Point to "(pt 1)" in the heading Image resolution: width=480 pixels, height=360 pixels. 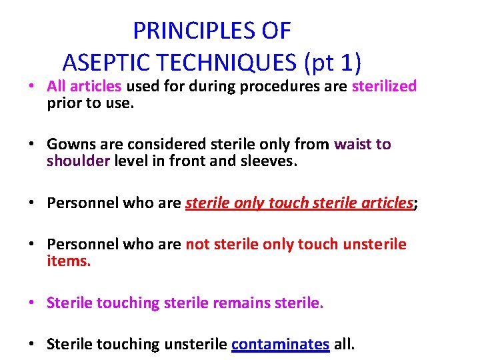[x=333, y=62]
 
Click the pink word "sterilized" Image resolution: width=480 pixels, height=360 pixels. [x=384, y=86]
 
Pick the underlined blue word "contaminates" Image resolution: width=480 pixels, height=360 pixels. [x=280, y=345]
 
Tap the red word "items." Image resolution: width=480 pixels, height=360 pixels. [x=68, y=261]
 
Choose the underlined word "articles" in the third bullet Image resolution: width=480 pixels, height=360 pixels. [x=385, y=203]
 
